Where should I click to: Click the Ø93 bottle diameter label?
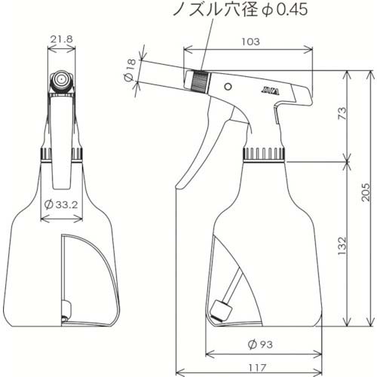point(262,344)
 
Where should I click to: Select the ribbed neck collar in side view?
point(264,154)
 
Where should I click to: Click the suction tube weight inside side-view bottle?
point(220,308)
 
